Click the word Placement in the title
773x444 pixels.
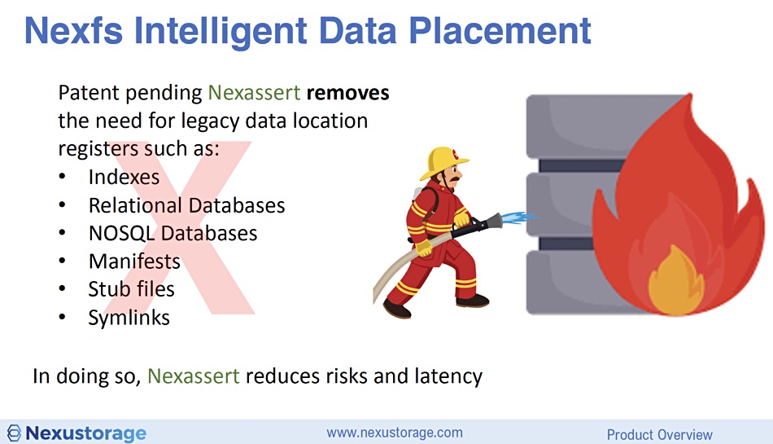pyautogui.click(x=500, y=31)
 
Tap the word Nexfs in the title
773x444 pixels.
pyautogui.click(x=73, y=31)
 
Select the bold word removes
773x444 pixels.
pyautogui.click(x=347, y=93)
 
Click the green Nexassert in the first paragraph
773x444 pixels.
pyautogui.click(x=254, y=93)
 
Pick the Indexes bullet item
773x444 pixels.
pyautogui.click(x=124, y=177)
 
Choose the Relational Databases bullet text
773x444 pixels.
pyautogui.click(x=187, y=205)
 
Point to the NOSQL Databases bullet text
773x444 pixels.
pyautogui.click(x=173, y=233)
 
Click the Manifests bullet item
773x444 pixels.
pyautogui.click(x=134, y=262)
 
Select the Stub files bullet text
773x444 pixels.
pyautogui.click(x=132, y=289)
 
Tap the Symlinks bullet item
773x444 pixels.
pyautogui.click(x=129, y=318)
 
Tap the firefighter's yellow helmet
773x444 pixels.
pyautogui.click(x=443, y=162)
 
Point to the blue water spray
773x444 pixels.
pyautogui.click(x=520, y=217)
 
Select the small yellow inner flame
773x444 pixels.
pyautogui.click(x=675, y=281)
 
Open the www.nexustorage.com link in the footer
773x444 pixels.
pyautogui.click(x=395, y=433)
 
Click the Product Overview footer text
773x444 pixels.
pyautogui.click(x=660, y=434)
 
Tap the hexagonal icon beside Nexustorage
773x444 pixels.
pyautogui.click(x=14, y=433)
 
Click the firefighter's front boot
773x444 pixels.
pyautogui.click(x=473, y=301)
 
